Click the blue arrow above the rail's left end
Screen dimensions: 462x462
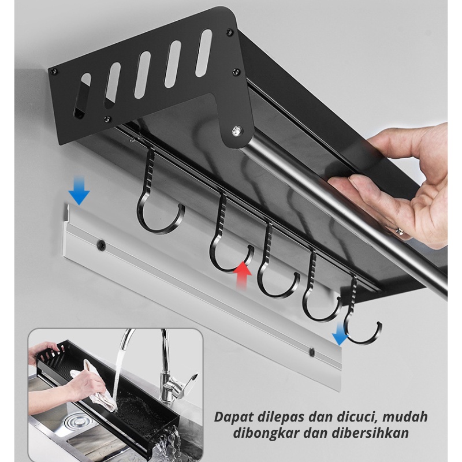(79, 191)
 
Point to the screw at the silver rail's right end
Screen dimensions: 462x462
(312, 351)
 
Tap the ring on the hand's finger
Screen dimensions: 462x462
(399, 230)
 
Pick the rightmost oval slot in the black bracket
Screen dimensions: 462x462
(204, 53)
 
